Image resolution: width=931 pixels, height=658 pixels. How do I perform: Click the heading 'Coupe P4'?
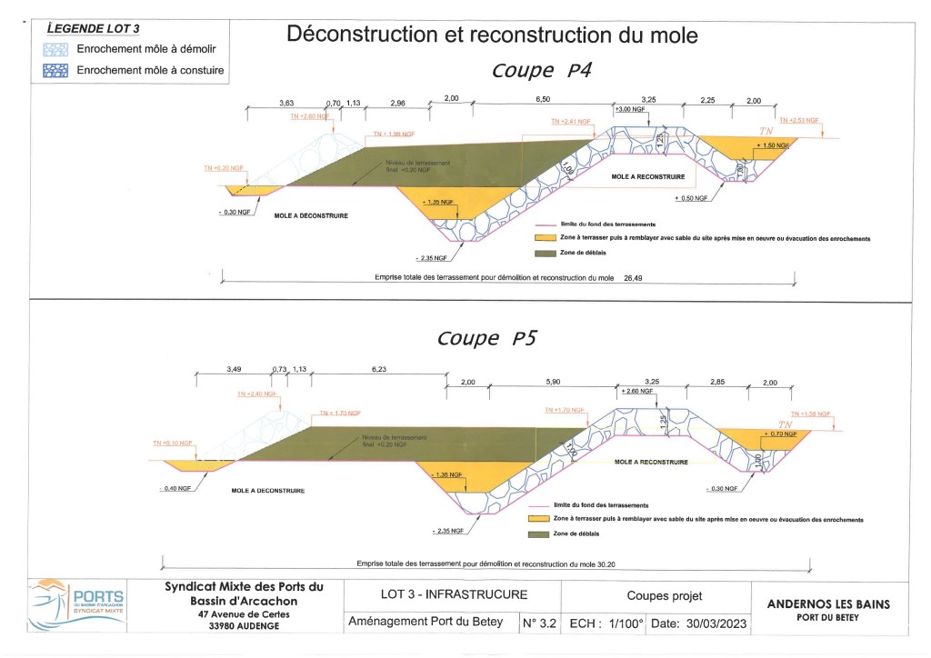tap(542, 71)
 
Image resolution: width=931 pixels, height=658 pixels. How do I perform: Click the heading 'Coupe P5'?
tap(487, 338)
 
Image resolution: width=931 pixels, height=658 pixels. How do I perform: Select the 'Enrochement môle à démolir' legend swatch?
tap(56, 49)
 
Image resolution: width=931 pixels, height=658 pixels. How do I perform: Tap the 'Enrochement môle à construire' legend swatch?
tap(56, 69)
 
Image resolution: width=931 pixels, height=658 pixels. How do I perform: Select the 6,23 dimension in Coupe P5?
tap(378, 369)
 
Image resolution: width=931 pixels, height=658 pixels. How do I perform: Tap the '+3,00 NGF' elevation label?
tap(629, 109)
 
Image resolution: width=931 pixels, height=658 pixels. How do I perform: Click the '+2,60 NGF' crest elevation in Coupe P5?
tap(633, 391)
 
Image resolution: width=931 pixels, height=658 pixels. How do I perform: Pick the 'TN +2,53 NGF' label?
tap(799, 120)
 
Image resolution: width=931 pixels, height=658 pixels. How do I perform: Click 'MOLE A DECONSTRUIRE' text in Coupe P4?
tap(311, 215)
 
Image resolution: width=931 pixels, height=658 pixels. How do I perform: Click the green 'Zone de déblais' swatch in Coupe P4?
tap(546, 253)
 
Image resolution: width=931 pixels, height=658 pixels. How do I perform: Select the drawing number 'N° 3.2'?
tap(540, 624)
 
